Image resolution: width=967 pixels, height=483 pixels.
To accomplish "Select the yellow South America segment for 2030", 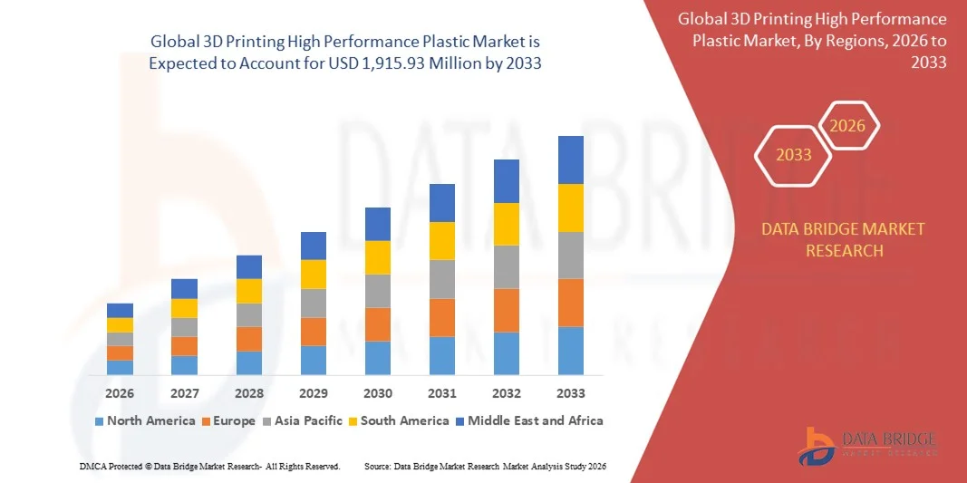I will (x=377, y=257).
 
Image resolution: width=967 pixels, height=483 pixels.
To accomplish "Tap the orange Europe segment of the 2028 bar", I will (x=248, y=339).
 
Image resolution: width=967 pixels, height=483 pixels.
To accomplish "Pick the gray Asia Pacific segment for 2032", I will (x=506, y=266).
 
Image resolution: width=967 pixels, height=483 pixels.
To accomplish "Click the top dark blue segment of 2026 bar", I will (x=120, y=310).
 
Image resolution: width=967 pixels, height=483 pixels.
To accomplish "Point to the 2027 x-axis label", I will (x=184, y=393).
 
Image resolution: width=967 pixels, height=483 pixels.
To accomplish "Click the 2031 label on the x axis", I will (x=441, y=393).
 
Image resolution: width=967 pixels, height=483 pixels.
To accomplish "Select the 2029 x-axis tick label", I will (x=313, y=393).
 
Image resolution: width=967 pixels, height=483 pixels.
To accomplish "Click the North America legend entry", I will (x=144, y=420).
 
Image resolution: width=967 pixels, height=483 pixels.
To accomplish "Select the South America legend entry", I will (x=398, y=420).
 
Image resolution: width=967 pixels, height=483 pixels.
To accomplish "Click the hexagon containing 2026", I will (x=848, y=126).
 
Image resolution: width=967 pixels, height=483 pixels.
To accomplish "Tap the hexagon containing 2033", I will (x=794, y=155).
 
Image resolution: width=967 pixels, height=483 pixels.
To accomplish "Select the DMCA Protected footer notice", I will (x=209, y=466).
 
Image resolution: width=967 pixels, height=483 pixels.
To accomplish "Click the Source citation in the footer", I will (x=484, y=466).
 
